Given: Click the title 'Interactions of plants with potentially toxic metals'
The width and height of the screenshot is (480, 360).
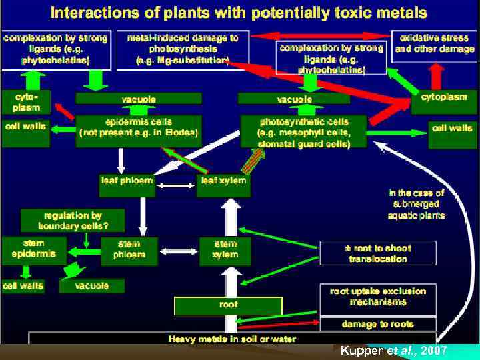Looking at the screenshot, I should (239, 13).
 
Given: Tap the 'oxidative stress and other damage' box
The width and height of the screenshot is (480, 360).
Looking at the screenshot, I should (434, 44).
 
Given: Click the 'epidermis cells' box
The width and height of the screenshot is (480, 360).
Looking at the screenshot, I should (138, 127).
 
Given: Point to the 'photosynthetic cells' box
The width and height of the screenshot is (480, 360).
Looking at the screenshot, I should (303, 133).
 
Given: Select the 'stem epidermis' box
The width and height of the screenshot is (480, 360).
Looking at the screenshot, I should (33, 249).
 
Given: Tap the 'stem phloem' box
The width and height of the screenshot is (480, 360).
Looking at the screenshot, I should (129, 249).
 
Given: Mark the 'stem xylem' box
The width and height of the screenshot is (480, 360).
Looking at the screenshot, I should (225, 249).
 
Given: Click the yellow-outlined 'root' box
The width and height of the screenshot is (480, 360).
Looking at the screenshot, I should (228, 305).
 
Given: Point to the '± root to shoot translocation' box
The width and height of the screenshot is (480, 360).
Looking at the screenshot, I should (378, 253).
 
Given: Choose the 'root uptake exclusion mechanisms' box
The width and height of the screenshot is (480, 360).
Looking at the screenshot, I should (378, 297).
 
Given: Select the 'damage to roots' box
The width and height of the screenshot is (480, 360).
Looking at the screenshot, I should (378, 324).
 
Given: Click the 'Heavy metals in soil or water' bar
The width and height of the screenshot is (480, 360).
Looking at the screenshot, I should (232, 338).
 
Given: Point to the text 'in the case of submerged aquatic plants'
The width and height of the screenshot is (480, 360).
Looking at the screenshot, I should (415, 204).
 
